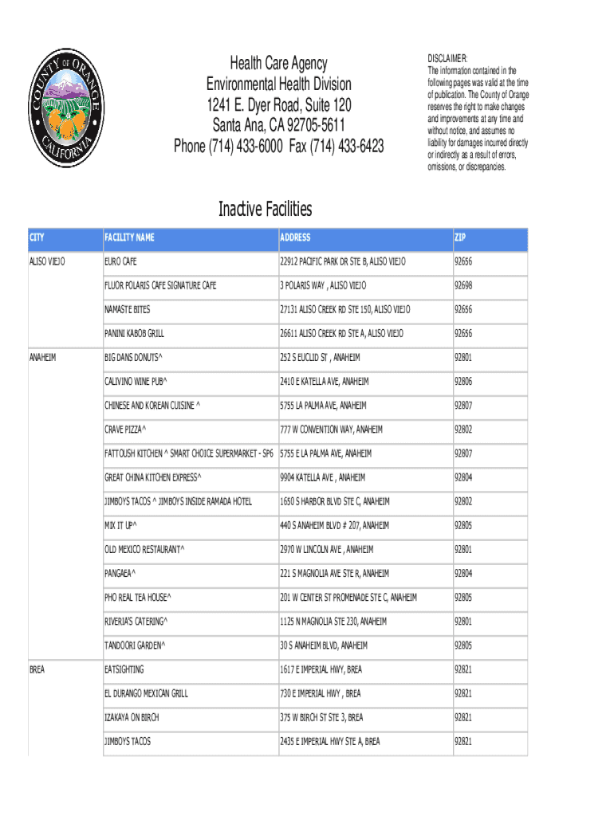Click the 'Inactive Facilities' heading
click(266, 210)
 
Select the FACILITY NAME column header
click(129, 237)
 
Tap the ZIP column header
click(461, 237)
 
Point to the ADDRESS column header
click(295, 237)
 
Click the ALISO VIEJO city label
click(47, 261)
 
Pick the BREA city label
click(37, 669)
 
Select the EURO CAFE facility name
click(120, 261)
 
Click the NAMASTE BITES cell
click(127, 309)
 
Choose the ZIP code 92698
click(463, 285)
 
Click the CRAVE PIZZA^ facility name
click(125, 430)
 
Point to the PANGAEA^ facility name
click(120, 574)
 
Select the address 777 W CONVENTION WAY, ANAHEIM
click(331, 430)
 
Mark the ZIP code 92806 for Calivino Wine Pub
click(463, 382)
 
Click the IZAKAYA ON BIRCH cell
click(132, 717)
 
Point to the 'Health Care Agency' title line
click(278, 64)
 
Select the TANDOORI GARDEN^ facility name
click(134, 645)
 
